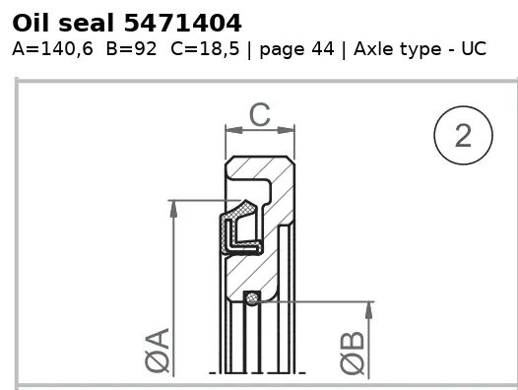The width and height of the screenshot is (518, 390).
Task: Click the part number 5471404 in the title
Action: (183, 24)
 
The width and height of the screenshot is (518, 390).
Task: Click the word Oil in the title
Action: (31, 23)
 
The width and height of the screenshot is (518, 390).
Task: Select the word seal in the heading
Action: (86, 24)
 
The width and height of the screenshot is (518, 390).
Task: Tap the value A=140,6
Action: (52, 49)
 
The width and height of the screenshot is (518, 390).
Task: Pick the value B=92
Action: (131, 49)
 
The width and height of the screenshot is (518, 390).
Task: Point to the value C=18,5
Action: (205, 49)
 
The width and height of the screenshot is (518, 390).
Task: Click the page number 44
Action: (323, 49)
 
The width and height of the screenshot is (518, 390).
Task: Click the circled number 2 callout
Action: (463, 135)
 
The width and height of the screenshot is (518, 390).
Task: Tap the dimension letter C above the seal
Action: (260, 114)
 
